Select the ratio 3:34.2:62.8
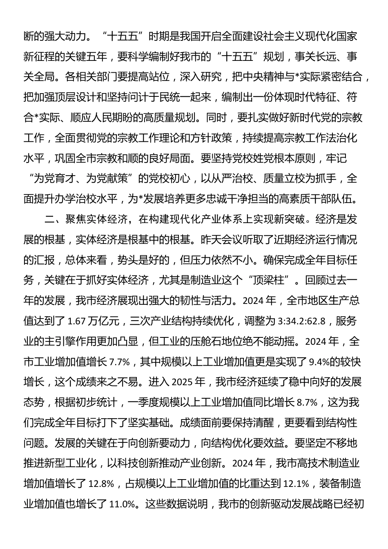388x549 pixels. pos(301,321)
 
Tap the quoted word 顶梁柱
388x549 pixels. pos(272,280)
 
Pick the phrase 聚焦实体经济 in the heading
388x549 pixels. pos(96,219)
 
